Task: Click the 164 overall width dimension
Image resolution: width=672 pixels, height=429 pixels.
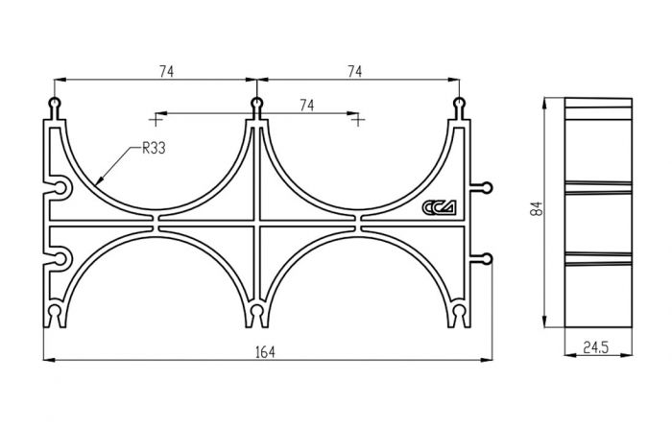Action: [265, 352]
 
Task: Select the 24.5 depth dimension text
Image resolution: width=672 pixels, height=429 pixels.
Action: [596, 347]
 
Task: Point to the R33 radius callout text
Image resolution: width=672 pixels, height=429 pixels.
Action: [154, 149]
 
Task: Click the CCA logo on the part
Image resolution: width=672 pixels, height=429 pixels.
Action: [440, 207]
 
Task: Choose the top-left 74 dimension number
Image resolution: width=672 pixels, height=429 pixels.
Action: [167, 72]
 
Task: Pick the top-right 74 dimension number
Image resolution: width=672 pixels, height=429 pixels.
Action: [354, 72]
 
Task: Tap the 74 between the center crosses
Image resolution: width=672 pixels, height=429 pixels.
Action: [306, 105]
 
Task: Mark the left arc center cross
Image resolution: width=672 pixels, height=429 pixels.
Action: [156, 120]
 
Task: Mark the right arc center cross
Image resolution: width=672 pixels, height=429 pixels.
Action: [358, 120]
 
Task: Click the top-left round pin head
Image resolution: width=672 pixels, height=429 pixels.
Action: [55, 103]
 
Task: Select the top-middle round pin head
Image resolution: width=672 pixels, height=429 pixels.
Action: [256, 103]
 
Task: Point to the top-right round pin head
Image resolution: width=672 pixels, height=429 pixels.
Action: [459, 103]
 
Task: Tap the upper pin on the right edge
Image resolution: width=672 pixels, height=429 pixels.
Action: [488, 188]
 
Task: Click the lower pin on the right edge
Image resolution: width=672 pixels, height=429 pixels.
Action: [488, 259]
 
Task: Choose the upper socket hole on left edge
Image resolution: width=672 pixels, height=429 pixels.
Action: [60, 188]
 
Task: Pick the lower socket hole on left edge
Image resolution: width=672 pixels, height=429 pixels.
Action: [60, 259]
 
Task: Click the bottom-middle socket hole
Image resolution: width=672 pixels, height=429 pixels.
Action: [256, 310]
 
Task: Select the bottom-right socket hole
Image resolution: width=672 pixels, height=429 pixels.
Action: [459, 310]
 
